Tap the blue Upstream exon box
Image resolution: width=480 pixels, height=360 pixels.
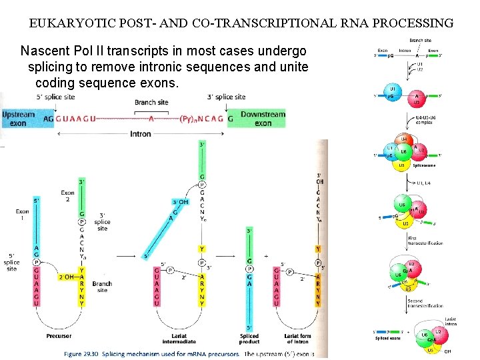pos(19,119)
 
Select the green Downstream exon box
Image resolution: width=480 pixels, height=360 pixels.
pos(263,119)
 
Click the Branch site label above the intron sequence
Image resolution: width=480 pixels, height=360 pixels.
pos(151,102)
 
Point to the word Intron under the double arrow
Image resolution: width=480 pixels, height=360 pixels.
pos(139,134)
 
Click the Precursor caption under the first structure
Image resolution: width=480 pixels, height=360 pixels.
pos(59,336)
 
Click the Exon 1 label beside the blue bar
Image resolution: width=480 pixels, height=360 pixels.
pos(22,215)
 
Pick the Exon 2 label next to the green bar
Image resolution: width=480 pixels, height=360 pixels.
pos(68,196)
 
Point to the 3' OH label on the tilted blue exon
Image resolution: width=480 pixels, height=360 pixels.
pos(179,202)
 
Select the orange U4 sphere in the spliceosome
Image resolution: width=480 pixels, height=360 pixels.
pos(403,140)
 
